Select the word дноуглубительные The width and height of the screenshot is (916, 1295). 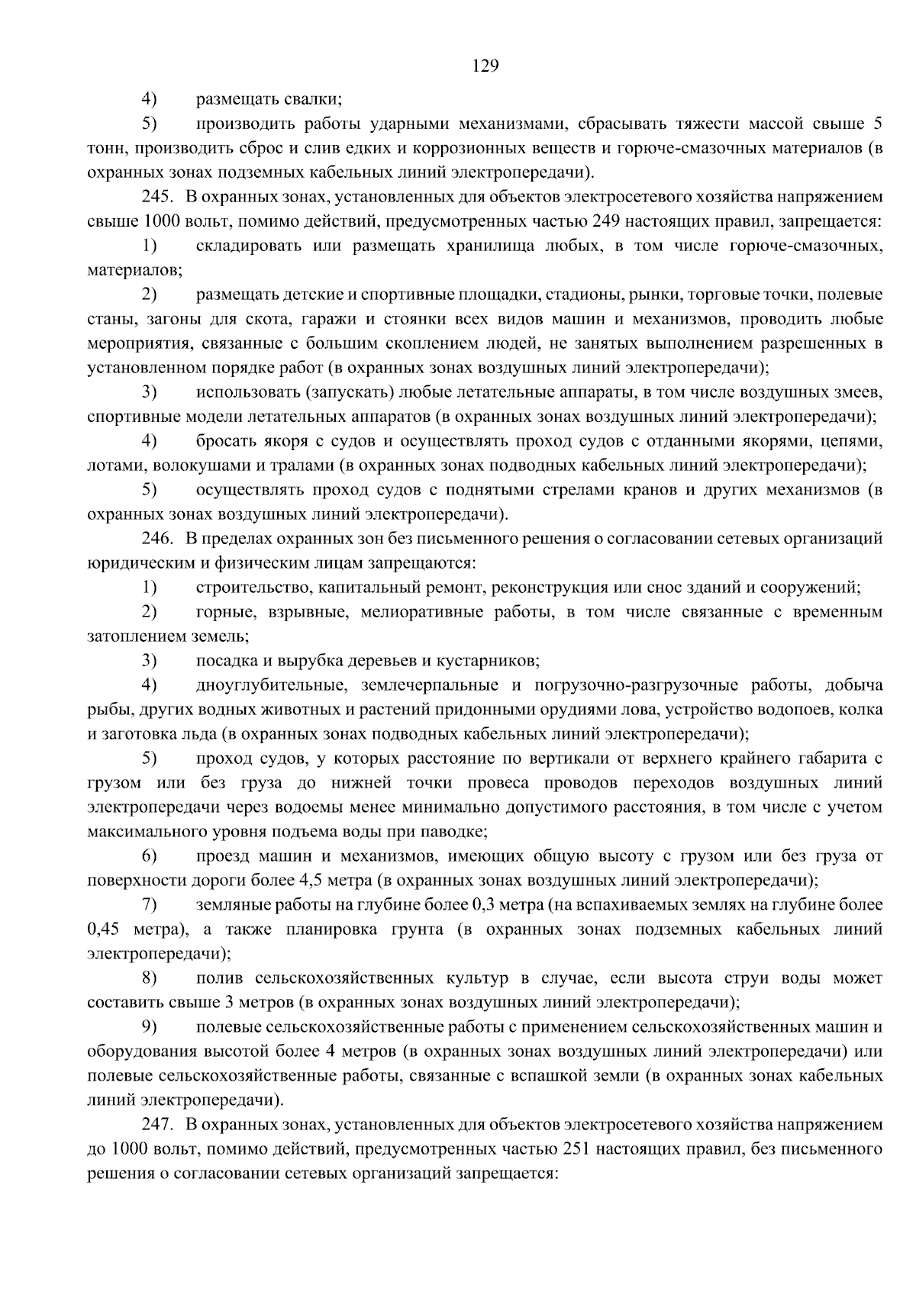pos(272,685)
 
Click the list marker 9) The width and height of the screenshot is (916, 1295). pos(149,1027)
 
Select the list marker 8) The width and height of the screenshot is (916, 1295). pos(149,978)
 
